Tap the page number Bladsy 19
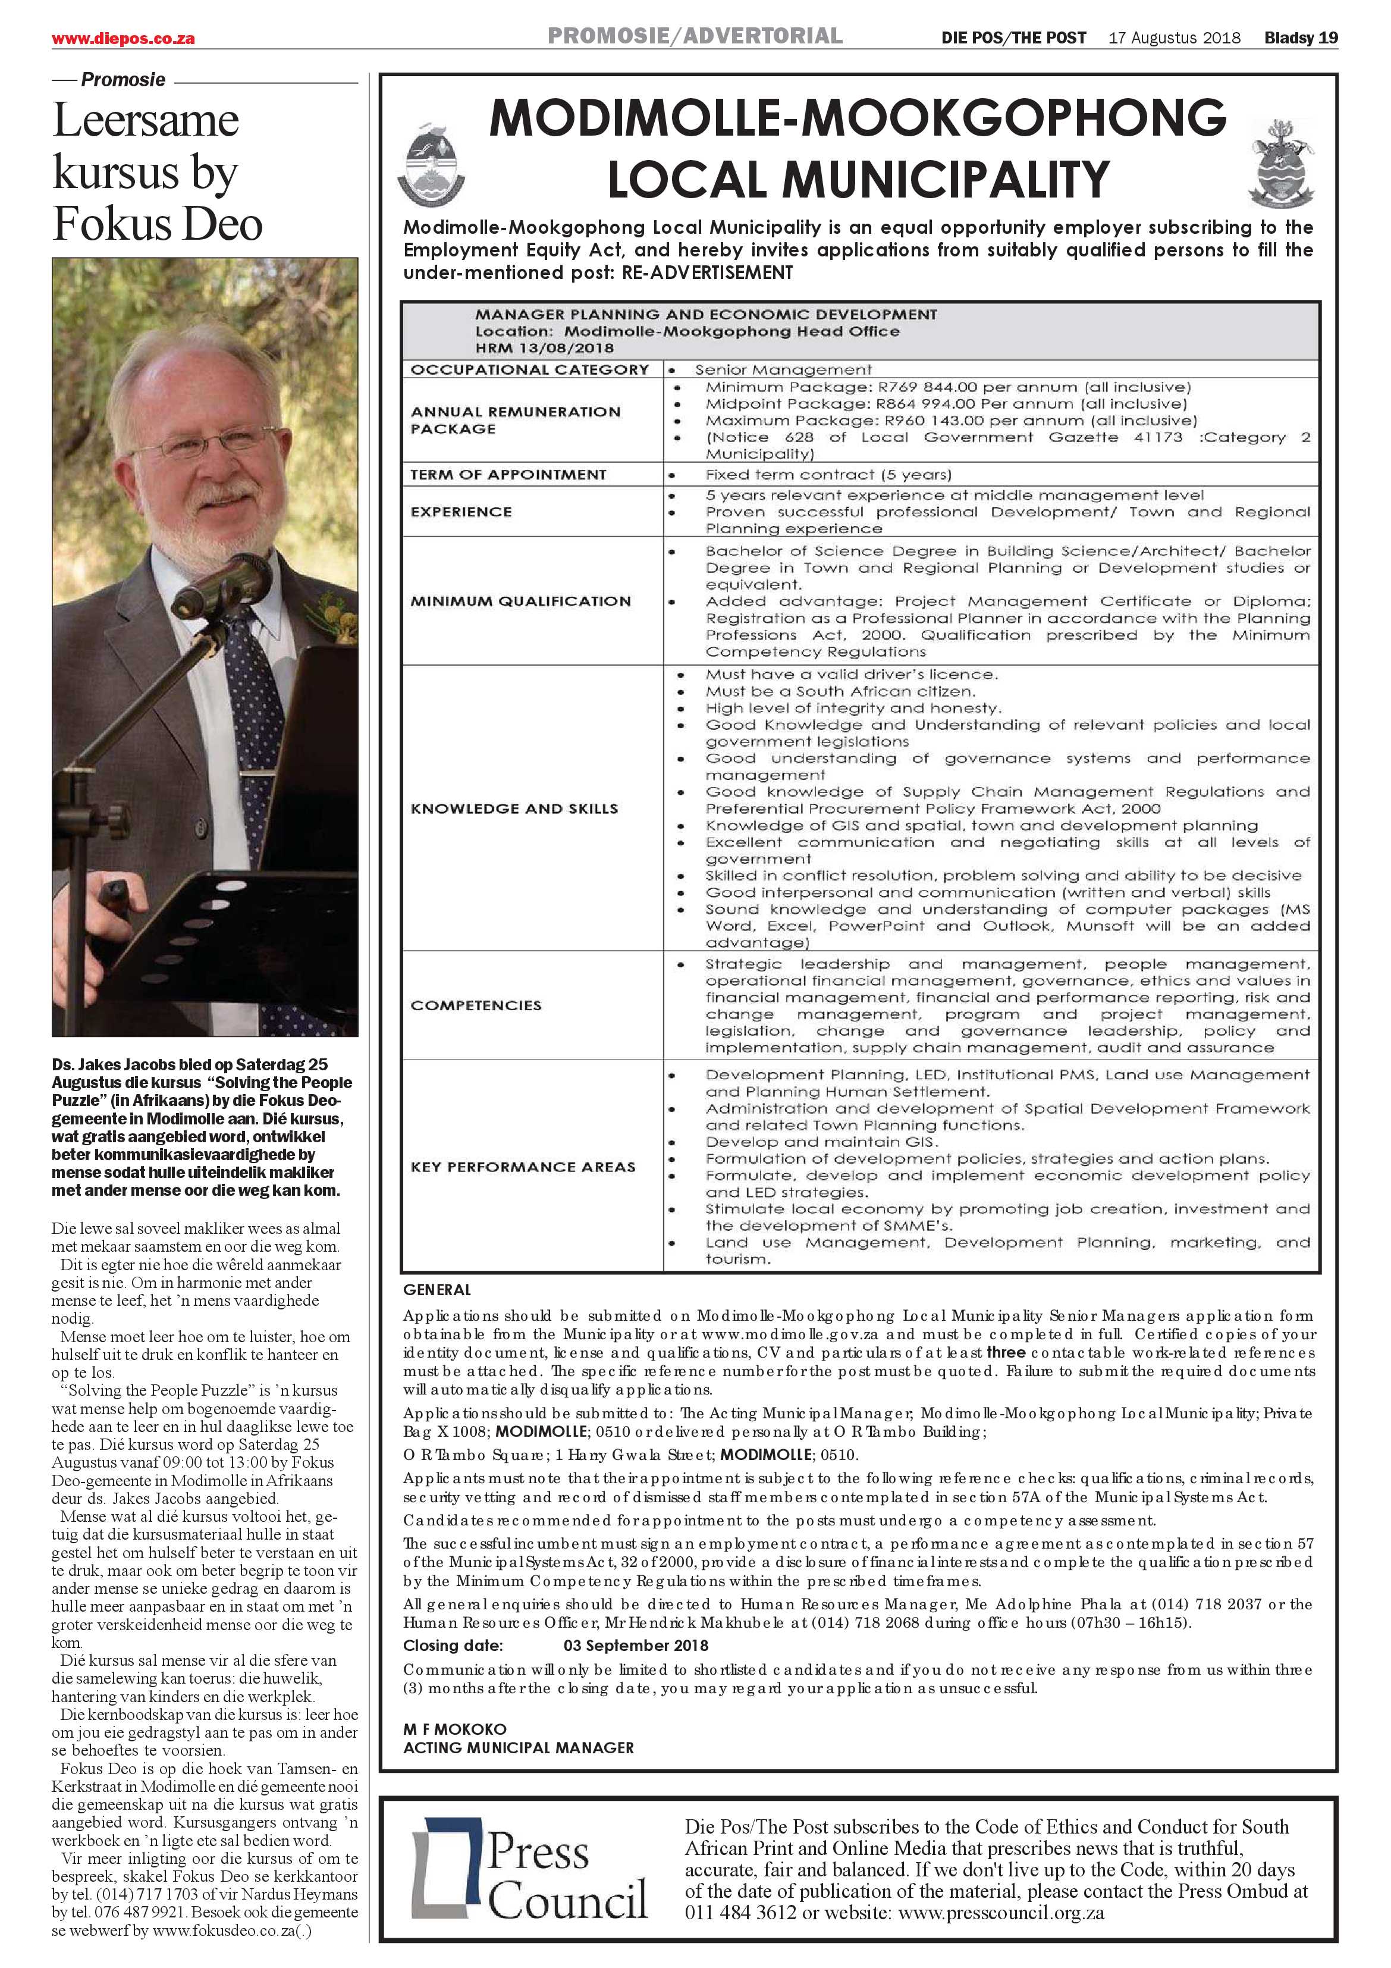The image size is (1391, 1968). coord(1300,37)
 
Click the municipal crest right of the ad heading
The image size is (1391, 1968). coord(1282,163)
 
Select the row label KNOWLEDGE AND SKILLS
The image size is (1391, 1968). coord(514,808)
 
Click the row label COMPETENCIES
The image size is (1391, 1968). coord(476,1005)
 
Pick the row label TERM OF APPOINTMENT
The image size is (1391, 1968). coord(508,475)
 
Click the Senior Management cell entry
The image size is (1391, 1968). coord(783,369)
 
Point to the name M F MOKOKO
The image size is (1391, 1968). coord(454,1729)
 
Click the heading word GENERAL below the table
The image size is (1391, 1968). coord(437,1289)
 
